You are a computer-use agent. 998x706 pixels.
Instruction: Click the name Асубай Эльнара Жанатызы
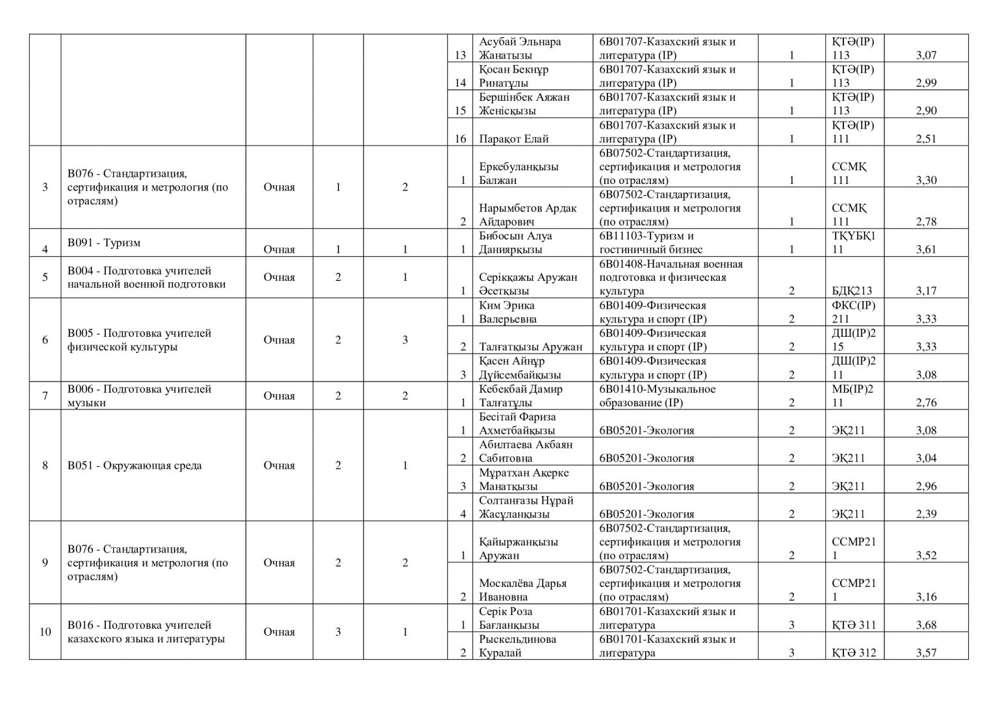click(520, 49)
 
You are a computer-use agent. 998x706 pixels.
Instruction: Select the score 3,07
click(926, 56)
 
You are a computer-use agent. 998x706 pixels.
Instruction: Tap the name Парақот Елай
click(513, 139)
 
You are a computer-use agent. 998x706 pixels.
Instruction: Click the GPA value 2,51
click(926, 139)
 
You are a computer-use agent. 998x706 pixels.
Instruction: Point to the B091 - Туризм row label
click(104, 243)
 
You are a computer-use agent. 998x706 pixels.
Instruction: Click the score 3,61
click(926, 250)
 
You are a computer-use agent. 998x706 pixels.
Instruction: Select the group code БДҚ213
click(852, 291)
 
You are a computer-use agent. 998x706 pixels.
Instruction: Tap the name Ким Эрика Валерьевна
click(508, 312)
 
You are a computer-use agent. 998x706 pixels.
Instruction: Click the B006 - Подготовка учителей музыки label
click(139, 396)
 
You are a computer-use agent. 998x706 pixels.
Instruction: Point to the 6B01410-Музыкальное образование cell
click(657, 396)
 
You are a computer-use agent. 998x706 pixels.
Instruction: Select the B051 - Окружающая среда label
click(134, 465)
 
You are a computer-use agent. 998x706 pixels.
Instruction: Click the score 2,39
click(926, 514)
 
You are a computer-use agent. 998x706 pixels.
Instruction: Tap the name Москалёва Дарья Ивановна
click(522, 590)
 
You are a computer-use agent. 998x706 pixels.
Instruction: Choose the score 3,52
click(926, 556)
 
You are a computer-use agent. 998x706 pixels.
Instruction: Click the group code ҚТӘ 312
click(854, 653)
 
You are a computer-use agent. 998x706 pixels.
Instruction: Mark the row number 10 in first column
click(45, 632)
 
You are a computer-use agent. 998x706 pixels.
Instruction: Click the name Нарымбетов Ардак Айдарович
click(528, 215)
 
